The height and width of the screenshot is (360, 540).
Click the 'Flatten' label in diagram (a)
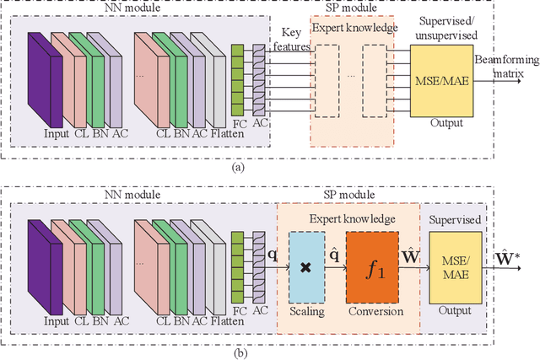pos(207,132)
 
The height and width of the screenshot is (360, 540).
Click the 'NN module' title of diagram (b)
pos(130,194)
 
